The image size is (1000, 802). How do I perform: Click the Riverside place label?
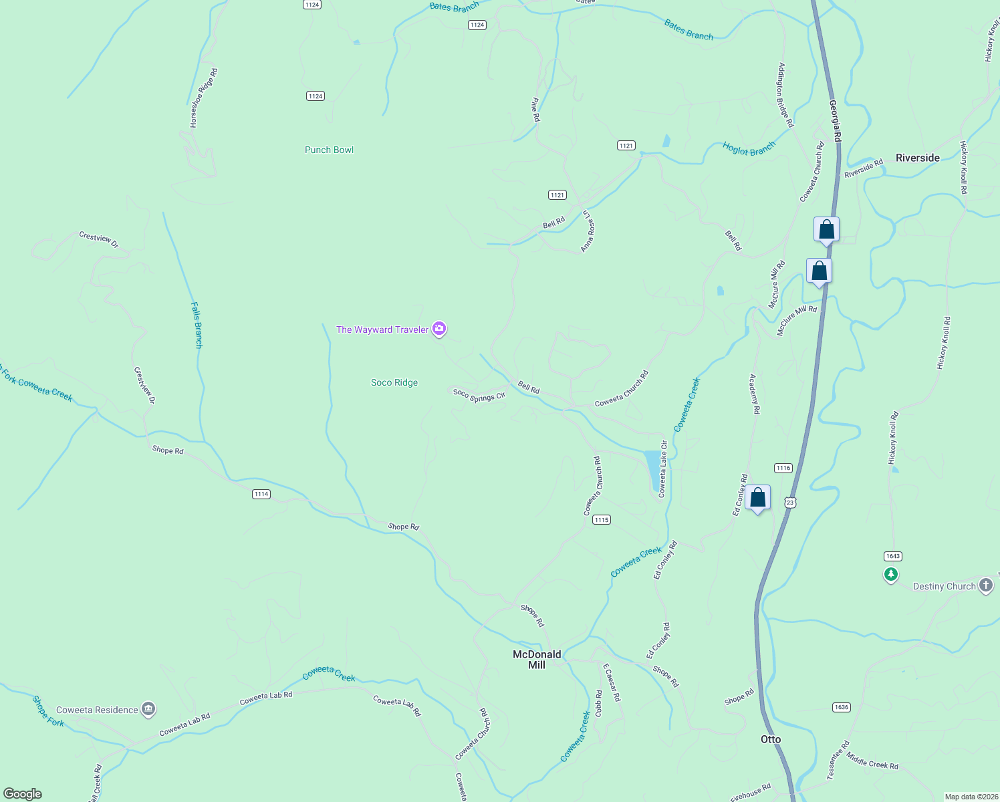(x=917, y=158)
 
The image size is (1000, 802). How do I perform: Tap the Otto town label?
(x=771, y=739)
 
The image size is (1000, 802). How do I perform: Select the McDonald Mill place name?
(x=537, y=660)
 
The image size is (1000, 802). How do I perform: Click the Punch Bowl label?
(x=329, y=150)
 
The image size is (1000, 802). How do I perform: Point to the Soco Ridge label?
(x=394, y=382)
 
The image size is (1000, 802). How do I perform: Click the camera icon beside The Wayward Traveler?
(x=439, y=328)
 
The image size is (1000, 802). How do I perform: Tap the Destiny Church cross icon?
(x=986, y=585)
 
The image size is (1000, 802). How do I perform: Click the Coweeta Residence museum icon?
(x=149, y=709)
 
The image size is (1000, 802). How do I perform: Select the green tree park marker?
(x=890, y=574)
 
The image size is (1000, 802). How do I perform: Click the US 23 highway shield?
(x=791, y=502)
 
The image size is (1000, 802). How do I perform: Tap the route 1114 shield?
(x=261, y=494)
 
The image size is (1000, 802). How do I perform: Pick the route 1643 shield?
(x=892, y=556)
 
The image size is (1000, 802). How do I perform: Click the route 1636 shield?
(x=842, y=707)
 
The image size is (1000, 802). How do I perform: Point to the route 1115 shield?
(x=602, y=519)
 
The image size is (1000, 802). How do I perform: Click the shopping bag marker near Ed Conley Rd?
(x=757, y=498)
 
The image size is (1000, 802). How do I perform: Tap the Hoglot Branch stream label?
(x=749, y=148)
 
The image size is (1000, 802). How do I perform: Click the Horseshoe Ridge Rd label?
(x=204, y=98)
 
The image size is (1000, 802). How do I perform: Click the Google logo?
(x=23, y=794)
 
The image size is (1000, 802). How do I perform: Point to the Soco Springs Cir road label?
(x=479, y=396)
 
